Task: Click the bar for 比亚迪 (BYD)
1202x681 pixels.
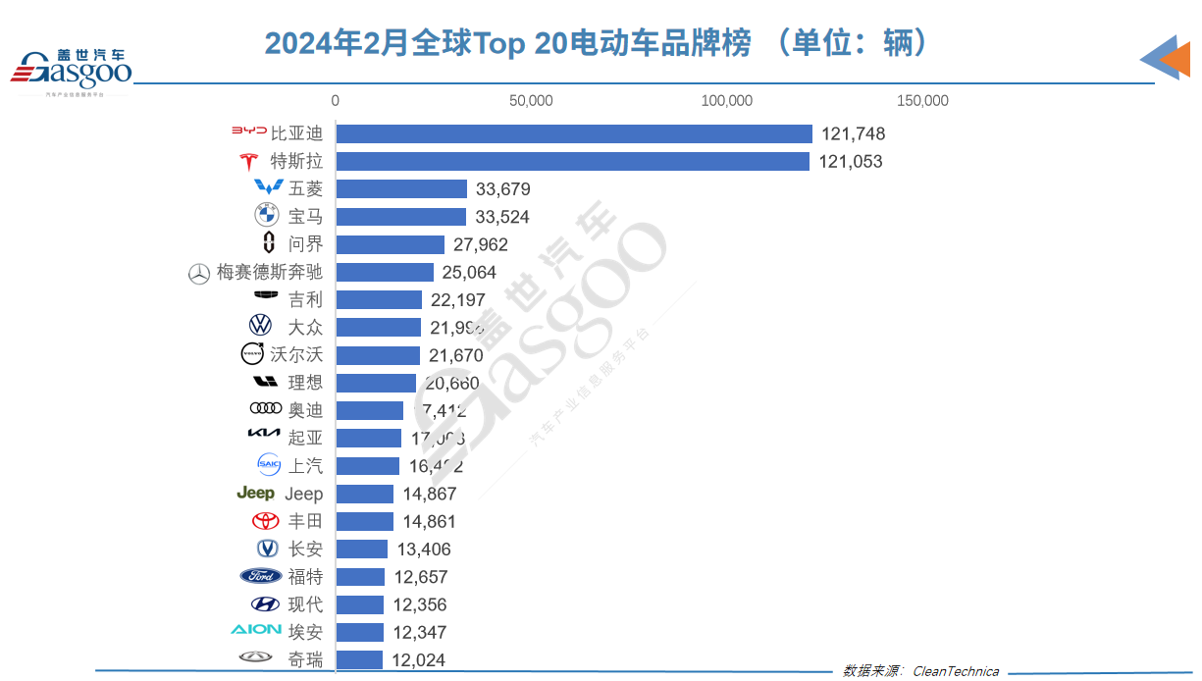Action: (x=574, y=134)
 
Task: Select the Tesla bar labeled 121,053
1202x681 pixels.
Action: (x=573, y=162)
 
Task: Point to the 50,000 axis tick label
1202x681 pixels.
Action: (x=531, y=101)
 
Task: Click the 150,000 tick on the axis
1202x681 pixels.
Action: (x=922, y=101)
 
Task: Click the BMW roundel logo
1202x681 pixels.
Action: (x=266, y=216)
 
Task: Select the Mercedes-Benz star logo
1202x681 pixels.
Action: (x=199, y=274)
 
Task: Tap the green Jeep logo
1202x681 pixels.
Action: (x=255, y=494)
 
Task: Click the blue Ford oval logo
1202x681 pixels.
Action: (x=260, y=576)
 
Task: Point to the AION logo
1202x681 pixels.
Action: (x=256, y=630)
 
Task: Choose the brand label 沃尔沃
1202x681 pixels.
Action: (x=296, y=355)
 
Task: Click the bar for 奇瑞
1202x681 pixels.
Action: (x=359, y=660)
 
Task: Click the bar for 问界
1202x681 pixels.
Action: (x=391, y=244)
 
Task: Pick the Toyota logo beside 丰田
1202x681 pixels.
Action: (x=265, y=521)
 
